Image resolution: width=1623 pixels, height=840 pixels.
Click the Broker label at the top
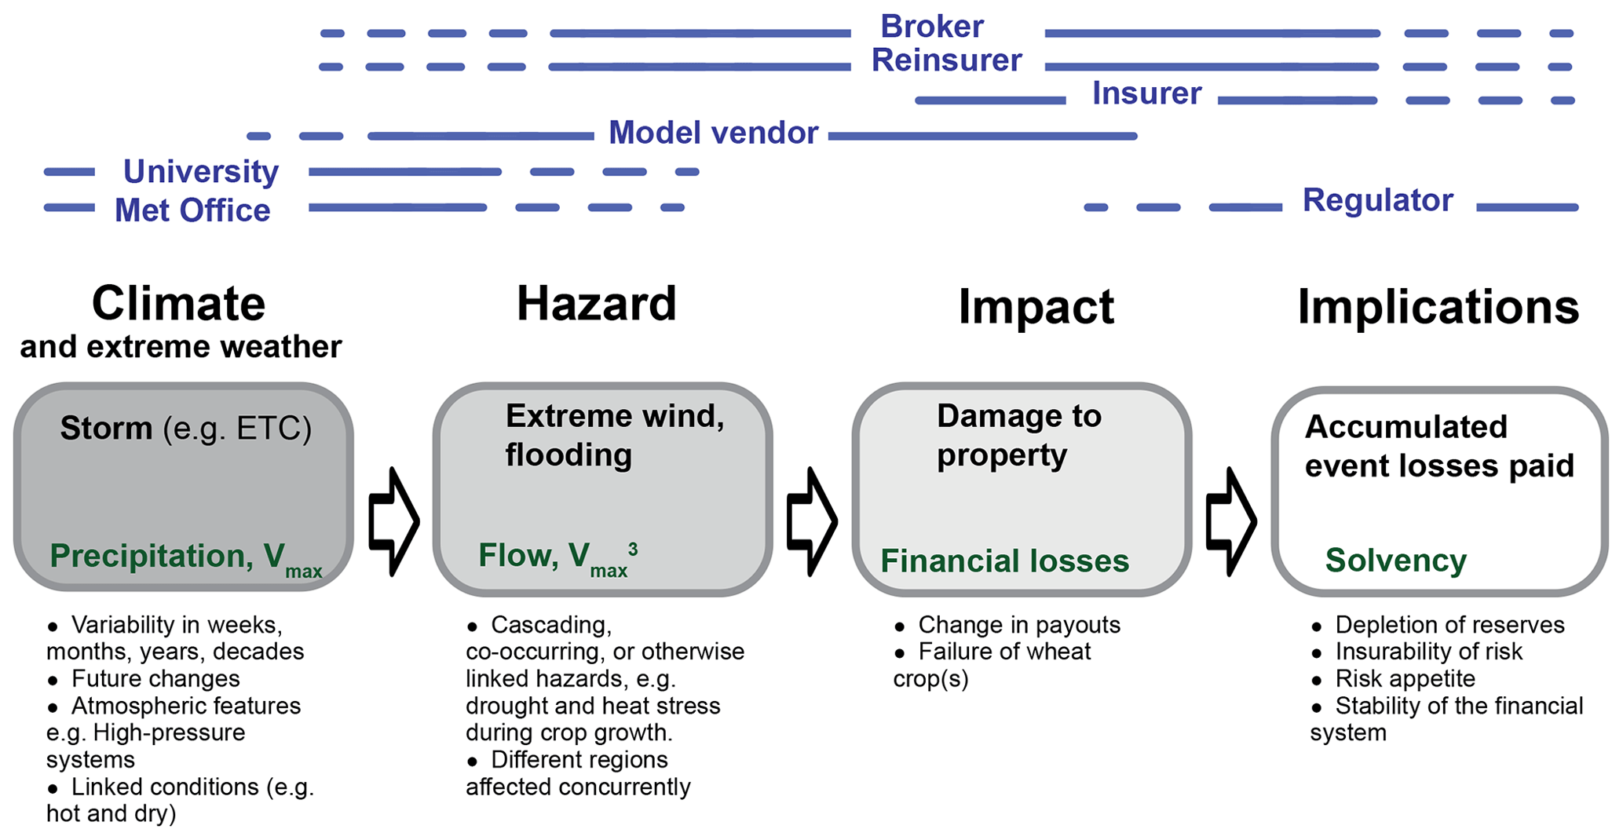[x=931, y=27]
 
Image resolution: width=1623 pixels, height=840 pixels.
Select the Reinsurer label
[x=946, y=60]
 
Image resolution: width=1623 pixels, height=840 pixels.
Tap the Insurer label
[x=1146, y=94]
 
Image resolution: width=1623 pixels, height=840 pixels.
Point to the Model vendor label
[x=713, y=133]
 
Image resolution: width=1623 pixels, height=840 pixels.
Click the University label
[x=201, y=171]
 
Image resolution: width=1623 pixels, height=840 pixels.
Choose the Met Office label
[x=192, y=210]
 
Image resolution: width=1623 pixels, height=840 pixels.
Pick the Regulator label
[x=1377, y=200]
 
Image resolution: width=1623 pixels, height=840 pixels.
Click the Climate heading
[x=179, y=304]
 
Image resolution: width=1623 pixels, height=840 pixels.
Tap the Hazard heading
[x=596, y=304]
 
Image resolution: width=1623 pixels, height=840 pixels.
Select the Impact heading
[x=1036, y=307]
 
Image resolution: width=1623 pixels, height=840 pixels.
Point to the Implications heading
[x=1438, y=307]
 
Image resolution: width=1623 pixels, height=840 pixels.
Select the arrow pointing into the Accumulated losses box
[x=1231, y=521]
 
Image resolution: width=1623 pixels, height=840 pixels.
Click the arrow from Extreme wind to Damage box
[x=812, y=521]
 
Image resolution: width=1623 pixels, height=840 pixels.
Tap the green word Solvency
[x=1395, y=561]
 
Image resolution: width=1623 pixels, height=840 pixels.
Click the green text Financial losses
[x=1004, y=561]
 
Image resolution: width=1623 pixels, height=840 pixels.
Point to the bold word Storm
[x=106, y=429]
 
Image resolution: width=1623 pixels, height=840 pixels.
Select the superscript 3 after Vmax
[x=633, y=549]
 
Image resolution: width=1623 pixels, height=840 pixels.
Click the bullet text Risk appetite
[x=1405, y=678]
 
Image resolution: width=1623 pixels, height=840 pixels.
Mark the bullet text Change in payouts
[x=1018, y=625]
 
